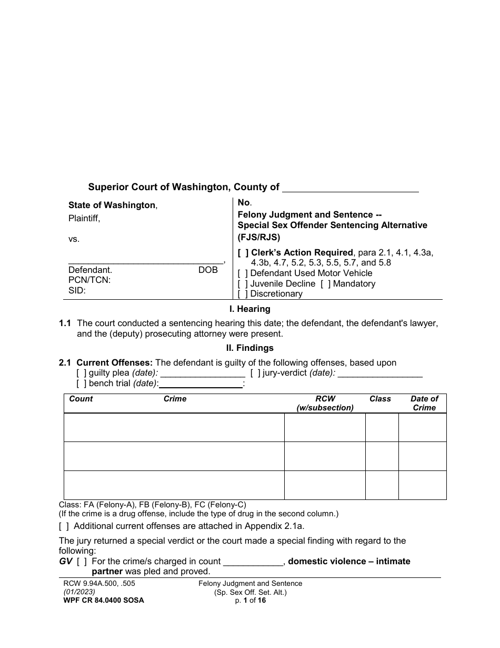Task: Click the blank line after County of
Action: pyautogui.click(x=351, y=188)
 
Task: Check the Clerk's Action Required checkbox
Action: pyautogui.click(x=243, y=253)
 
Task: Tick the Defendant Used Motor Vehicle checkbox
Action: pyautogui.click(x=243, y=273)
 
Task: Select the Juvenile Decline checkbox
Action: pyautogui.click(x=243, y=284)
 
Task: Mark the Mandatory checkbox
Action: pyautogui.click(x=325, y=284)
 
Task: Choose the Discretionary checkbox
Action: pyautogui.click(x=243, y=294)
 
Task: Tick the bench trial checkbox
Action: pyautogui.click(x=81, y=384)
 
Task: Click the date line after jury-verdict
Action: pyautogui.click(x=380, y=374)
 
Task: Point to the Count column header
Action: pyautogui.click(x=81, y=399)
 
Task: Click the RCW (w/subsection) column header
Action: pyautogui.click(x=325, y=404)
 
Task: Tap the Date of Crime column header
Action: pyautogui.click(x=424, y=404)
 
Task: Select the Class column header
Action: pyautogui.click(x=380, y=399)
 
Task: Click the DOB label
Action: pyautogui.click(x=208, y=270)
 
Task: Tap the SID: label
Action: pyautogui.click(x=77, y=290)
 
